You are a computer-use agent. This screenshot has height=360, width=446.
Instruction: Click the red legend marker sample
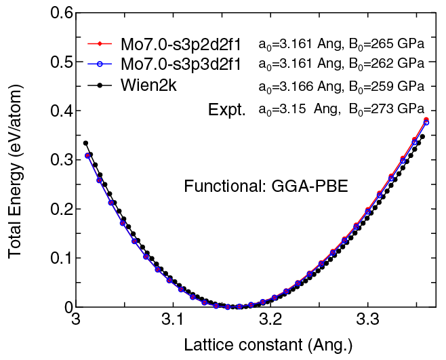[101, 45]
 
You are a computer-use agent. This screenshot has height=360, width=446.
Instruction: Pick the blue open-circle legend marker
[101, 66]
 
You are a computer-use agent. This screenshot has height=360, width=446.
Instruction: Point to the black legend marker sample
[101, 86]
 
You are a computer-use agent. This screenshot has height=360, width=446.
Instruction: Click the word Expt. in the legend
[227, 108]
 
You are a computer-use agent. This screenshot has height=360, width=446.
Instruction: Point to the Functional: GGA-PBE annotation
[266, 186]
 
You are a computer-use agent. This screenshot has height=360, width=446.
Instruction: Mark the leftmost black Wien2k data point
[85, 143]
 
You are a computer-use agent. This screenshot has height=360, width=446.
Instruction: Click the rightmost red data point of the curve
[426, 120]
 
